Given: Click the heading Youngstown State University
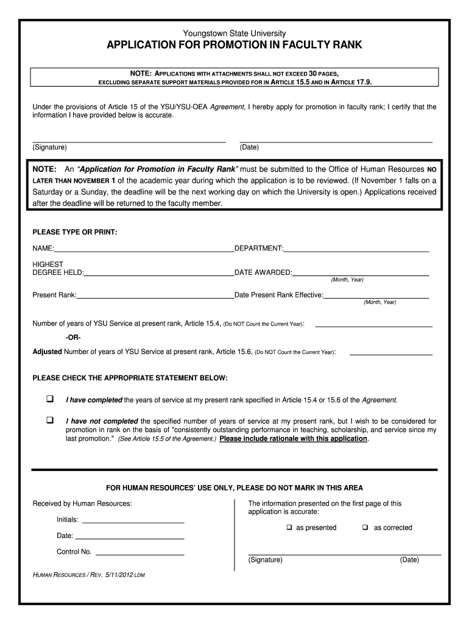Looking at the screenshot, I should click(234, 34).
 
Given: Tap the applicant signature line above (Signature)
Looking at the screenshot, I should click(129, 141).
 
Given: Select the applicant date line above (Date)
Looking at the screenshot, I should click(336, 141).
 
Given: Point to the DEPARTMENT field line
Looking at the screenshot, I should click(356, 250).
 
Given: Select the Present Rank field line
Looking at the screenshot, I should click(155, 297).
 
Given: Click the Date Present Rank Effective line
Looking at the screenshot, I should click(376, 297).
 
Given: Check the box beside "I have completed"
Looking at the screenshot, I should click(50, 399).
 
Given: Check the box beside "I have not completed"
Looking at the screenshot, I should click(50, 420).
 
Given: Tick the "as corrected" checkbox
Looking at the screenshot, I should click(365, 528).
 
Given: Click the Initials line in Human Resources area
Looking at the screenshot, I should click(133, 522).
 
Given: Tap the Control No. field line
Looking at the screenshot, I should click(140, 555).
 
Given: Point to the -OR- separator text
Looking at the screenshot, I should click(72, 338).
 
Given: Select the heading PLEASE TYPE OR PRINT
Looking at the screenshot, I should click(74, 232).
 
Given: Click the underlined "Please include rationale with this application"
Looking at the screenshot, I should click(293, 439).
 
